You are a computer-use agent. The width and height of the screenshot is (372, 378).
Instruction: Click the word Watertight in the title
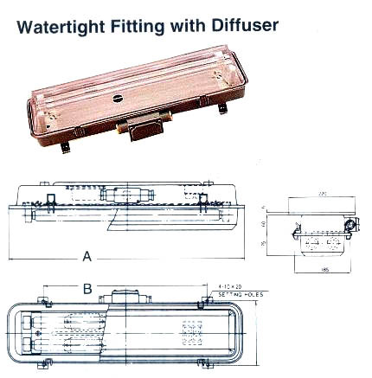tap(65, 25)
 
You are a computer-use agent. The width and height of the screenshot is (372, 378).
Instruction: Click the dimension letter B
tap(87, 288)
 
